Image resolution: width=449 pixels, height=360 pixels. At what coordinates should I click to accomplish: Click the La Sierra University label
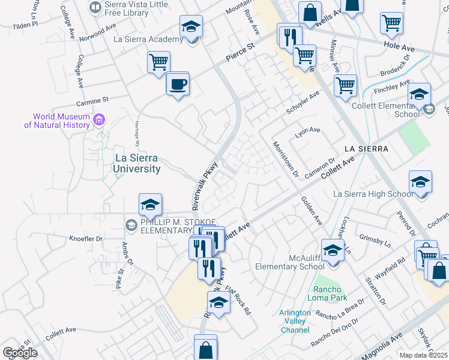(137, 163)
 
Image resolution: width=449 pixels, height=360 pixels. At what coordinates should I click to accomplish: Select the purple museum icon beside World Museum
(100, 120)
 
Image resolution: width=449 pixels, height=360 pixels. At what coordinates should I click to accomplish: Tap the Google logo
(20, 353)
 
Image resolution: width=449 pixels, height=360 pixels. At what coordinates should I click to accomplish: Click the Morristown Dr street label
(286, 160)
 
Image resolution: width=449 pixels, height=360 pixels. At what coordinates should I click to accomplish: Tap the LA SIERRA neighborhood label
(367, 148)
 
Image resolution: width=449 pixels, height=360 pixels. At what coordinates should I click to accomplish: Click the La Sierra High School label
(373, 194)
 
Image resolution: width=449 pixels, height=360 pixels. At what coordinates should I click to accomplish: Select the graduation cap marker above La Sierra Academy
(191, 26)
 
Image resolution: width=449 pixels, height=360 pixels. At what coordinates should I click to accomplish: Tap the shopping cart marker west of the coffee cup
(158, 62)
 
